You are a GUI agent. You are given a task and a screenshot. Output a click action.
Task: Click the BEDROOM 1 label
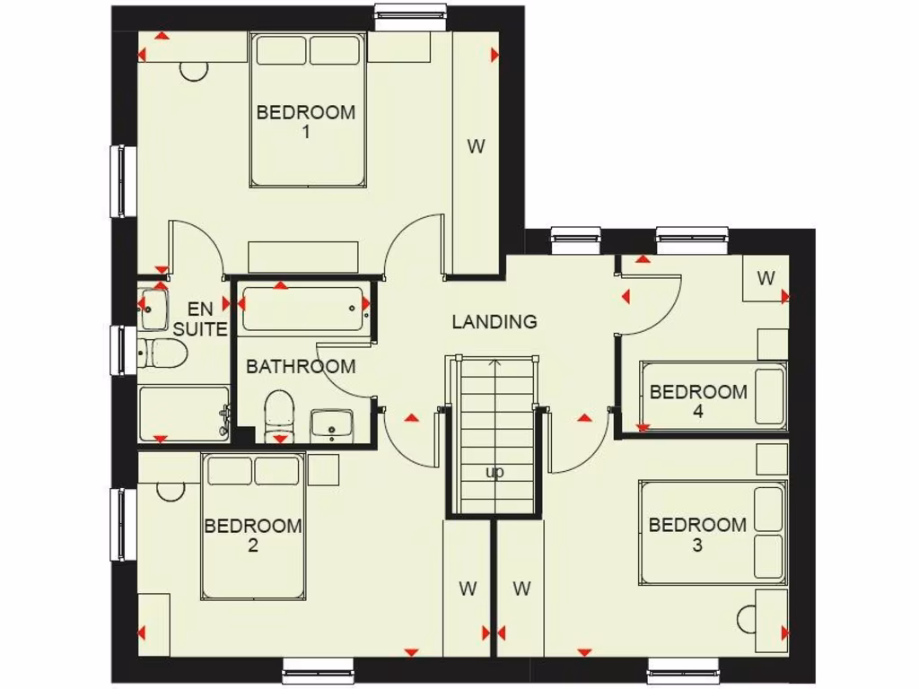tap(306, 122)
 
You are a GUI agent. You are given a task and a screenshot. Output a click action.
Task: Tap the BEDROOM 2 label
tap(253, 535)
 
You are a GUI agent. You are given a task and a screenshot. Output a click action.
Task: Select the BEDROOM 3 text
tap(697, 535)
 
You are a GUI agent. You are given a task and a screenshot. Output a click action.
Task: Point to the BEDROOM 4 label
tap(698, 401)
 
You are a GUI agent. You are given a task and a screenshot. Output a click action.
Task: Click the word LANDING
tap(495, 321)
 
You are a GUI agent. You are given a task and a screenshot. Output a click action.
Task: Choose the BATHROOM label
tap(301, 366)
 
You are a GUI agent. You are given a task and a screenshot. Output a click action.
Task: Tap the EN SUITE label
tap(200, 319)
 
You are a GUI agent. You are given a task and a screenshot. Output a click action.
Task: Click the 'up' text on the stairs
tap(495, 472)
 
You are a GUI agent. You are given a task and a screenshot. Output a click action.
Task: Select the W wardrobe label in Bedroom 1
tap(476, 146)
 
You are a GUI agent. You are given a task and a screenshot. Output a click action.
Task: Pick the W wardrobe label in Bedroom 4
tap(766, 278)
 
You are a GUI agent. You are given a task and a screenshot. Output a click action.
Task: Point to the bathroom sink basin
tap(332, 425)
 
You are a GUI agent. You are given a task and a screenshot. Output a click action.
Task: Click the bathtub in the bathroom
tap(303, 310)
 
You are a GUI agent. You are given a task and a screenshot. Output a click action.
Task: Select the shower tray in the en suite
tap(184, 414)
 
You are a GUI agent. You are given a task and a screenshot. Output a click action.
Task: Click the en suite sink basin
tap(153, 308)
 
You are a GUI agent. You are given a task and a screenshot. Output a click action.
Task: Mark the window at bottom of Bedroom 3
tap(684, 670)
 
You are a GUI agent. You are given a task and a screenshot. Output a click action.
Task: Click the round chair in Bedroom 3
tap(748, 619)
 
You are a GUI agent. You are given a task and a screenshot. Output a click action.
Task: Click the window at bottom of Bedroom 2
tap(319, 670)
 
